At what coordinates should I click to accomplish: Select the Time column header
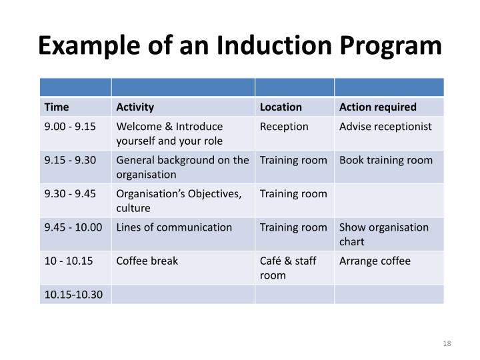coord(57,107)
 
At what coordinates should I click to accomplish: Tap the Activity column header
coord(135,107)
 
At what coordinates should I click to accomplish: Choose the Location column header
coord(281,107)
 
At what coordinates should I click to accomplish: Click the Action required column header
coord(378,107)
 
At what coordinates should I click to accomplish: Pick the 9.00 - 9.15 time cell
coord(70,127)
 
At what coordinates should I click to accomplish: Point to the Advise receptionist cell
coord(385,127)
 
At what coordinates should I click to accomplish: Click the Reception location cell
coord(284,127)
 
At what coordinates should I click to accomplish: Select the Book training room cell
coord(386,160)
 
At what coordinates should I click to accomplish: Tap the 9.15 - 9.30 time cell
coord(70,160)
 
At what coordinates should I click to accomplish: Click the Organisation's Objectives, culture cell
coord(178,200)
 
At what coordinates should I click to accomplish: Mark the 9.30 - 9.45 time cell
coord(70,194)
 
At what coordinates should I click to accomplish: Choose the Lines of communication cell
coord(174,227)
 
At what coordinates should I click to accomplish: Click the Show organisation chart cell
coord(384,233)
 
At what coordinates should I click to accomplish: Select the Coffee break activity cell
coord(147,261)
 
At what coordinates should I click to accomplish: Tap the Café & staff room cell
coord(289,267)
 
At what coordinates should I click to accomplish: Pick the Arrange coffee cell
coord(375,261)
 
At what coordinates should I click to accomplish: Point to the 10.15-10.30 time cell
coord(74,294)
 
